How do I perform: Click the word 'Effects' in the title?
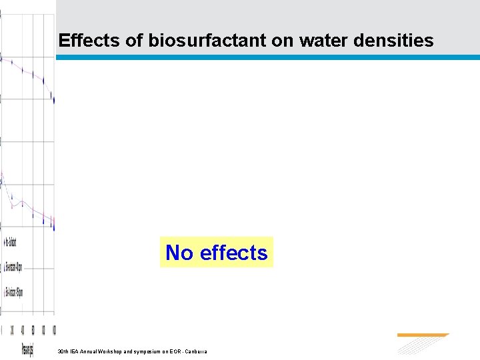coord(79,41)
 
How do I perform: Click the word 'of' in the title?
coord(134,41)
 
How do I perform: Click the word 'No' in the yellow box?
coord(179,253)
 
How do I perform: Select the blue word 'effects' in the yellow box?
coord(233,253)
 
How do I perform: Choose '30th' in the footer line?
coord(63,351)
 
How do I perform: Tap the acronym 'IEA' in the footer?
coord(75,351)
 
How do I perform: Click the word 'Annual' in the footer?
coord(90,351)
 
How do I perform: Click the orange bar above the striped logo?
coord(423,335)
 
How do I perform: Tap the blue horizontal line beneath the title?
coord(267,58)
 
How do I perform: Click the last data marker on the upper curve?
coord(54,101)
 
